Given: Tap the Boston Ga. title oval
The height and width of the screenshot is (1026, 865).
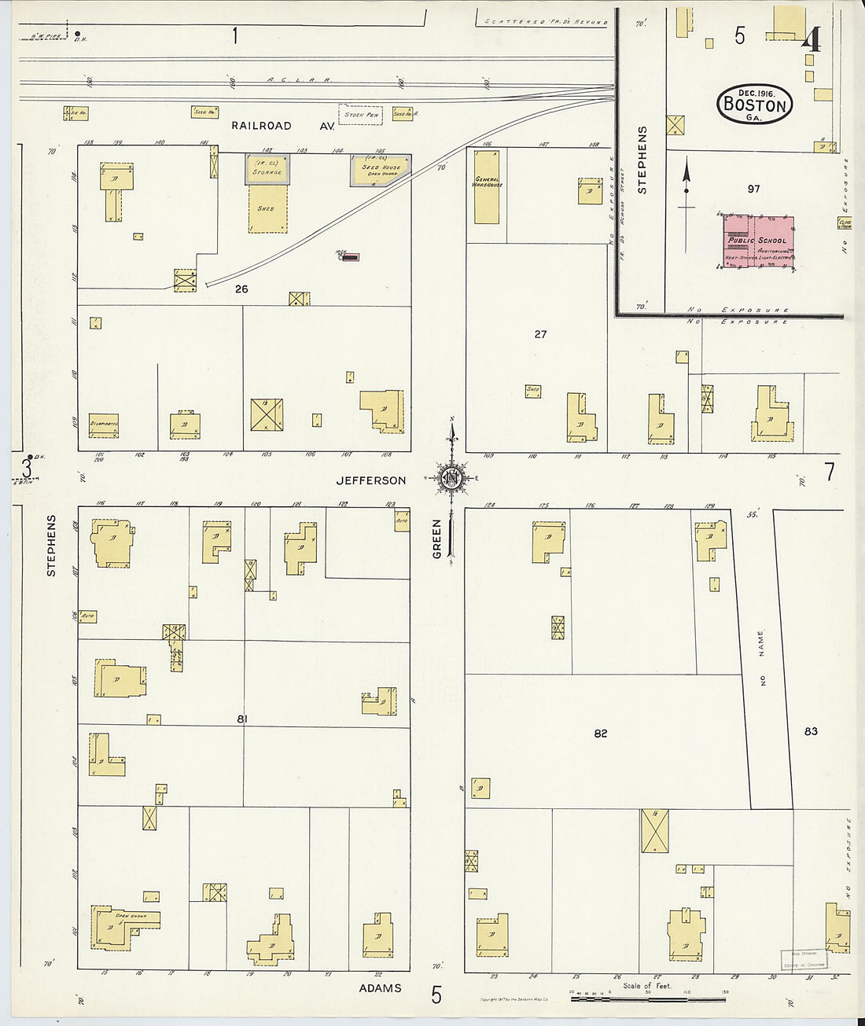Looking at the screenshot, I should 754,104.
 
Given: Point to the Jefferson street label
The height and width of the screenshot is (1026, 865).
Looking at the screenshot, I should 371,480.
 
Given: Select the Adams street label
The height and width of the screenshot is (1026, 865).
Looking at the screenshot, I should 381,988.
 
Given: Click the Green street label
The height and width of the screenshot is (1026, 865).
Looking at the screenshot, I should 437,539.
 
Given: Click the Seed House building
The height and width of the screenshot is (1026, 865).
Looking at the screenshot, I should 381,171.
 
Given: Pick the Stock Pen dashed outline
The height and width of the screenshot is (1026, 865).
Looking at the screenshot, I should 361,115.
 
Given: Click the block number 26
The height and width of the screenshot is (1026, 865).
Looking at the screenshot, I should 241,289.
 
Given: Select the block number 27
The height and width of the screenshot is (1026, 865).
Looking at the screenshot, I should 540,334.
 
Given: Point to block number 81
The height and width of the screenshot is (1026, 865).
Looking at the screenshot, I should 242,719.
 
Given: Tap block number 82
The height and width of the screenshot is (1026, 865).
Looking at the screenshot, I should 601,734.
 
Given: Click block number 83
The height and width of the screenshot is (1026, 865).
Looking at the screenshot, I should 811,731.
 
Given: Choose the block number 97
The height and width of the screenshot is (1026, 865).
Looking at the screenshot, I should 754,189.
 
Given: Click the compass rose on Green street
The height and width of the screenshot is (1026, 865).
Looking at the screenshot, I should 452,477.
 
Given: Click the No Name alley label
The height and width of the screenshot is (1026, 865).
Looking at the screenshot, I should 761,659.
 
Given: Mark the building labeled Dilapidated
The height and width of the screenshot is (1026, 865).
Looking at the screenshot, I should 104,425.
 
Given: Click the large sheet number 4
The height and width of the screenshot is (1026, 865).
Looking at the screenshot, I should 811,39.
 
